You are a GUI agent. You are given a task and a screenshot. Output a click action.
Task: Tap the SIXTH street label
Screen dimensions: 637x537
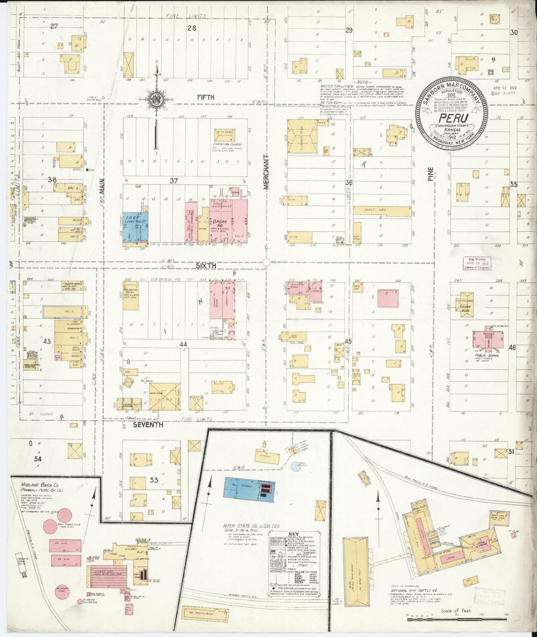coord(206,266)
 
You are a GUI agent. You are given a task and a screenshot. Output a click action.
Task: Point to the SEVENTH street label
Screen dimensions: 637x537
coord(148,424)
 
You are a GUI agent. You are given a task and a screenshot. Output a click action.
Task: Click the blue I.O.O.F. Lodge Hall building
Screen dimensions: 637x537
coord(136,227)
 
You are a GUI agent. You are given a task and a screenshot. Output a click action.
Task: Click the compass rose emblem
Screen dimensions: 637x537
coord(156,100)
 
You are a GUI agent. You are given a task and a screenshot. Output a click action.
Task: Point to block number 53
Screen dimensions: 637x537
coord(154,480)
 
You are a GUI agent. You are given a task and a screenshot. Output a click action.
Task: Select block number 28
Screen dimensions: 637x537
coord(192,28)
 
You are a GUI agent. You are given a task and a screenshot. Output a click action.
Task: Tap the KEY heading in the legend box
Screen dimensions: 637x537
coord(293,535)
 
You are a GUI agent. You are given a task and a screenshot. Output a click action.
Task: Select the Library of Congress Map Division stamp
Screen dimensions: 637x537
coord(477,263)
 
